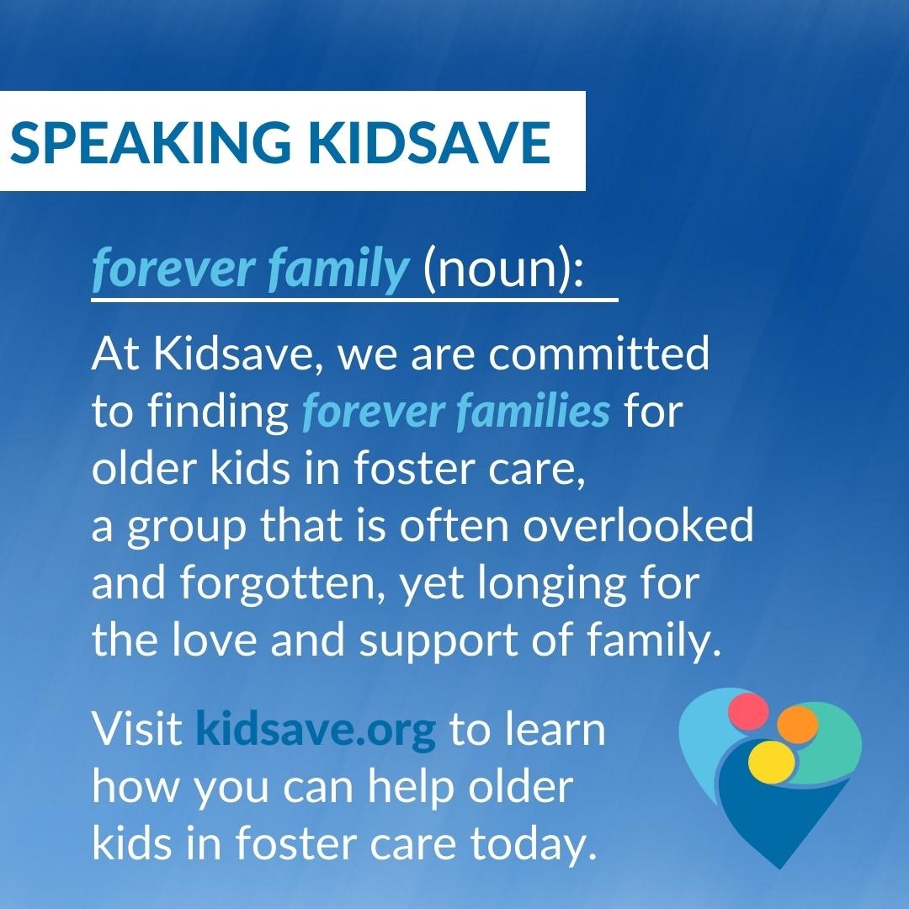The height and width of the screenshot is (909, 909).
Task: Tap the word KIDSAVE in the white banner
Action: click(x=430, y=142)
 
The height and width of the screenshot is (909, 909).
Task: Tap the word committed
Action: click(x=599, y=355)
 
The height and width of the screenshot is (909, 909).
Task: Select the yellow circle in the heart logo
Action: click(x=772, y=759)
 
